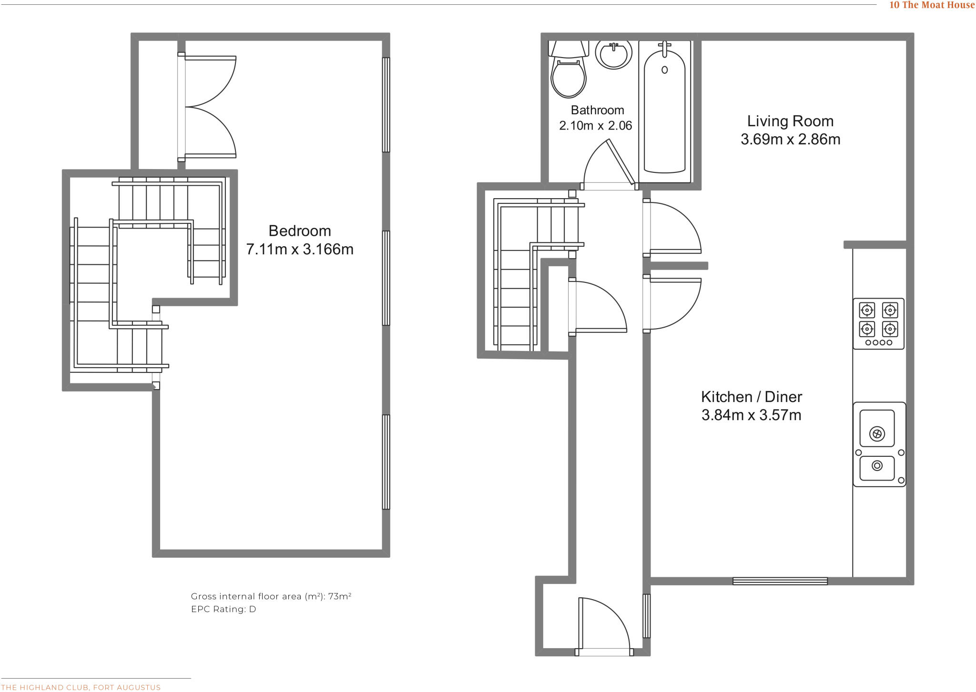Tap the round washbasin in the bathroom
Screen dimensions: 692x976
[614, 55]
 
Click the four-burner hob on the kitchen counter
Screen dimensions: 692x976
[878, 323]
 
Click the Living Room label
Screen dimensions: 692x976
[790, 121]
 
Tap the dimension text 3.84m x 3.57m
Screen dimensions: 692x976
[751, 415]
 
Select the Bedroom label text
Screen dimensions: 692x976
[300, 231]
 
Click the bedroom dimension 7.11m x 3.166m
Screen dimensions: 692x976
[300, 250]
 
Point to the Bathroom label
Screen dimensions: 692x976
[597, 110]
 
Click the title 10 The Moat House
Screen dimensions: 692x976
[932, 5]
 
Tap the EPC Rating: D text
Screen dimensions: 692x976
[224, 609]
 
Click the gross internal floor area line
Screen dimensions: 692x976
[271, 596]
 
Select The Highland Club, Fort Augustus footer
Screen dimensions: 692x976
[81, 687]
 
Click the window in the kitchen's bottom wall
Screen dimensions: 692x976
[780, 581]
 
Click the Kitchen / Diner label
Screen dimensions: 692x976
[751, 397]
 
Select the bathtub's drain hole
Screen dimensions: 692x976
[664, 70]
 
